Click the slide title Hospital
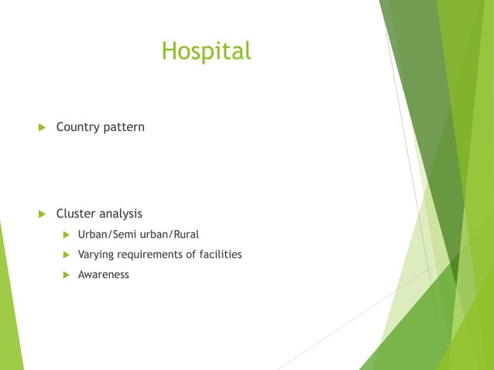[206, 51]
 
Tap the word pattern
[124, 126]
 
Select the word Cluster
[75, 213]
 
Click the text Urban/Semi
[106, 234]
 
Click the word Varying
[97, 254]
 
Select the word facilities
[221, 254]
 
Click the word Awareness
[104, 274]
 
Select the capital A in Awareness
[82, 274]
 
